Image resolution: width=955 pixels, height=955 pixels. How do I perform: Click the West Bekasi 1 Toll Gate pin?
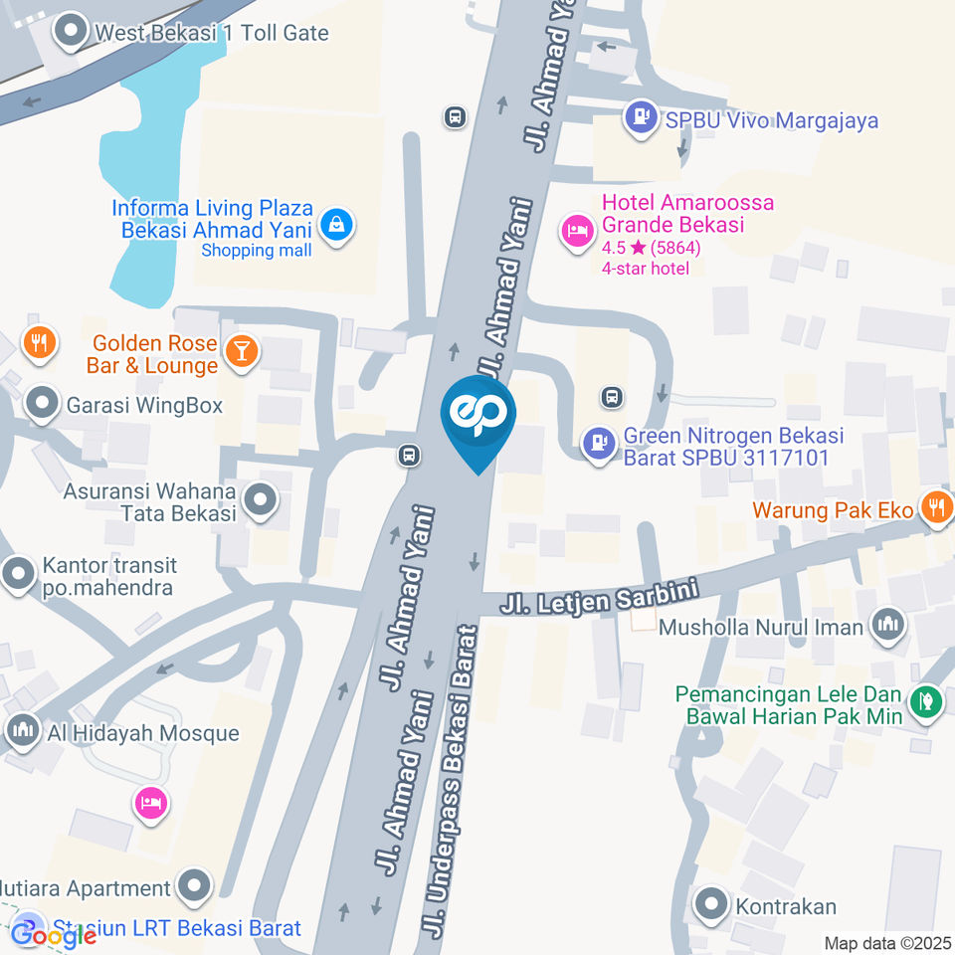72,33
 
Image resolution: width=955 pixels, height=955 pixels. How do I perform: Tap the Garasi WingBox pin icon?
43,405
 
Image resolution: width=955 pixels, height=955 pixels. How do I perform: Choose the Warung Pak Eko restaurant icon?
936,508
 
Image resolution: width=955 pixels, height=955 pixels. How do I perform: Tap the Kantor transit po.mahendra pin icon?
18,574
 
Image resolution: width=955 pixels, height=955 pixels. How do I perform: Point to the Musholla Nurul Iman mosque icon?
886,627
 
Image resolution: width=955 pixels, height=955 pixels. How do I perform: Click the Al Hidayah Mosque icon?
23,732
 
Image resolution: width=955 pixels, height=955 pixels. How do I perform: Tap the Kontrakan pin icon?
712,905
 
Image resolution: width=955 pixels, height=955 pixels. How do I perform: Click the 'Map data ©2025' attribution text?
888,942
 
